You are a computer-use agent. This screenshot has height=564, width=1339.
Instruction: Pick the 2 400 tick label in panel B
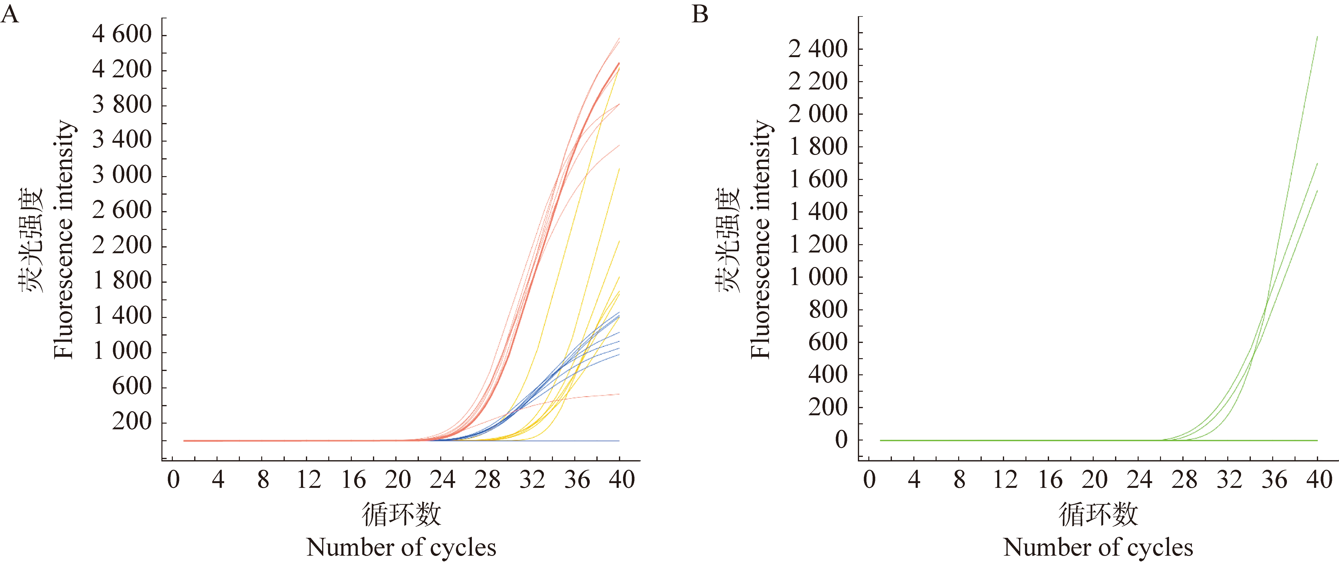click(x=818, y=49)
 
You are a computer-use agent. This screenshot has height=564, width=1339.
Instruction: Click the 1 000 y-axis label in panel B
click(x=818, y=277)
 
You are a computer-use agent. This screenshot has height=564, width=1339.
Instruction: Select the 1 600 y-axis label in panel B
click(x=818, y=179)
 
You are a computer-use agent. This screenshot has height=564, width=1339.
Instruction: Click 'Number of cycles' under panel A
click(x=401, y=548)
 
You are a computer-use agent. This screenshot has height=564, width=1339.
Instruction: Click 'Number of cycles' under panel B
click(x=1098, y=548)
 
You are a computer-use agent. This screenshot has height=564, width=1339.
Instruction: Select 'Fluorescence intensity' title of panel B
click(x=760, y=239)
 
